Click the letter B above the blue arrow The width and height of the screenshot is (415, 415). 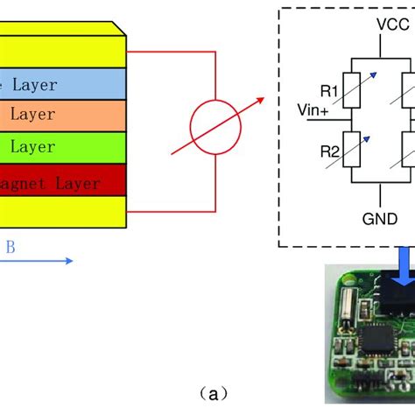pos(10,248)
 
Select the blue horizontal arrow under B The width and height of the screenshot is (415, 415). pos(39,260)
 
